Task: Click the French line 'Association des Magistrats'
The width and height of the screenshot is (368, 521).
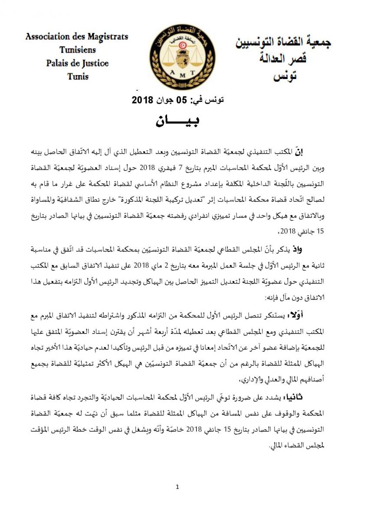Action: coord(77,36)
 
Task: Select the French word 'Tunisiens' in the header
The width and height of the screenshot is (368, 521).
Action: coord(77,50)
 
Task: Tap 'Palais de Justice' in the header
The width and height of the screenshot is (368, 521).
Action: coord(77,63)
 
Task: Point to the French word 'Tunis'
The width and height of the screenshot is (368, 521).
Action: coord(78,76)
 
